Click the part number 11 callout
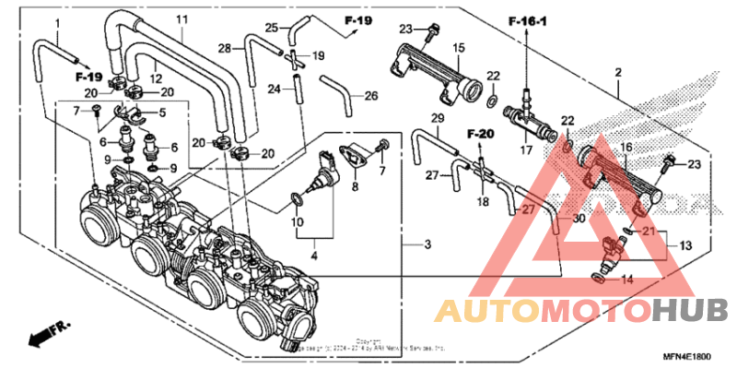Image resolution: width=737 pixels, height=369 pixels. pyautogui.click(x=181, y=20)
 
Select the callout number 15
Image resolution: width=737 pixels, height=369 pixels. pyautogui.click(x=458, y=47)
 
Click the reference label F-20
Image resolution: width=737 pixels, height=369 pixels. pyautogui.click(x=481, y=136)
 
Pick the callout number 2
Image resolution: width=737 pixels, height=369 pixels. pyautogui.click(x=618, y=72)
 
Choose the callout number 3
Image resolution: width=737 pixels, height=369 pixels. pyautogui.click(x=427, y=244)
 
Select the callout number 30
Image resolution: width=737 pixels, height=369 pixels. pyautogui.click(x=578, y=219)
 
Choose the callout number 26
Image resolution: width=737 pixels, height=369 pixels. pyautogui.click(x=370, y=95)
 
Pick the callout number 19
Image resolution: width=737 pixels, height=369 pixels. pyautogui.click(x=318, y=56)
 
